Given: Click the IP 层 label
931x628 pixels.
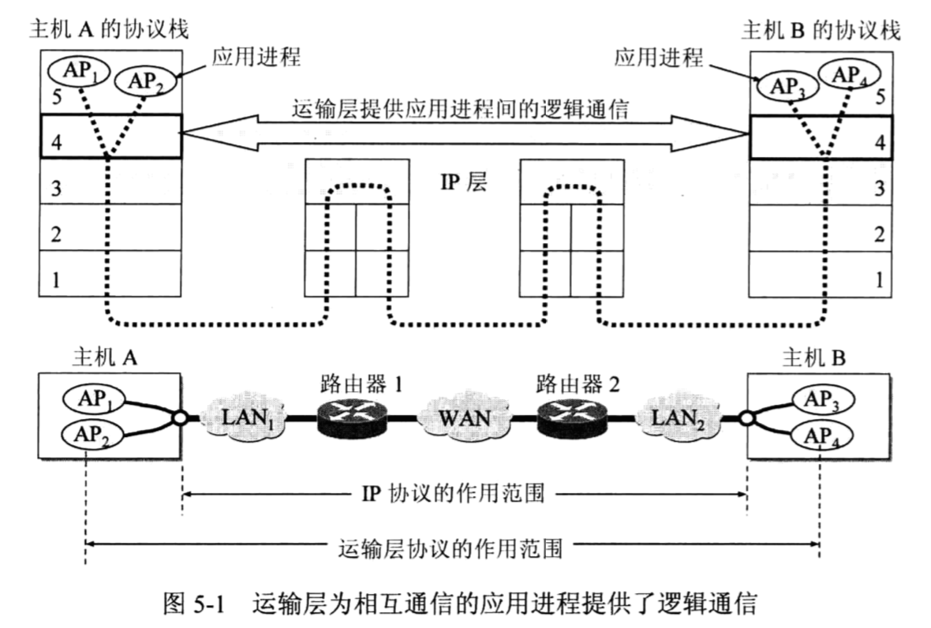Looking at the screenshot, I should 464,183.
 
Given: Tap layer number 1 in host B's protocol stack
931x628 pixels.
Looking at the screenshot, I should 878,278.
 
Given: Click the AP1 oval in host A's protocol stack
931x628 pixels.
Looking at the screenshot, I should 77,72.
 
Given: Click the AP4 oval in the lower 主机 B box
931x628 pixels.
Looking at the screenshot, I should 824,434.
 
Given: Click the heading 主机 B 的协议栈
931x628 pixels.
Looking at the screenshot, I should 821,29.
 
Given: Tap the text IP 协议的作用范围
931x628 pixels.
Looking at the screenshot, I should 466,495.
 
